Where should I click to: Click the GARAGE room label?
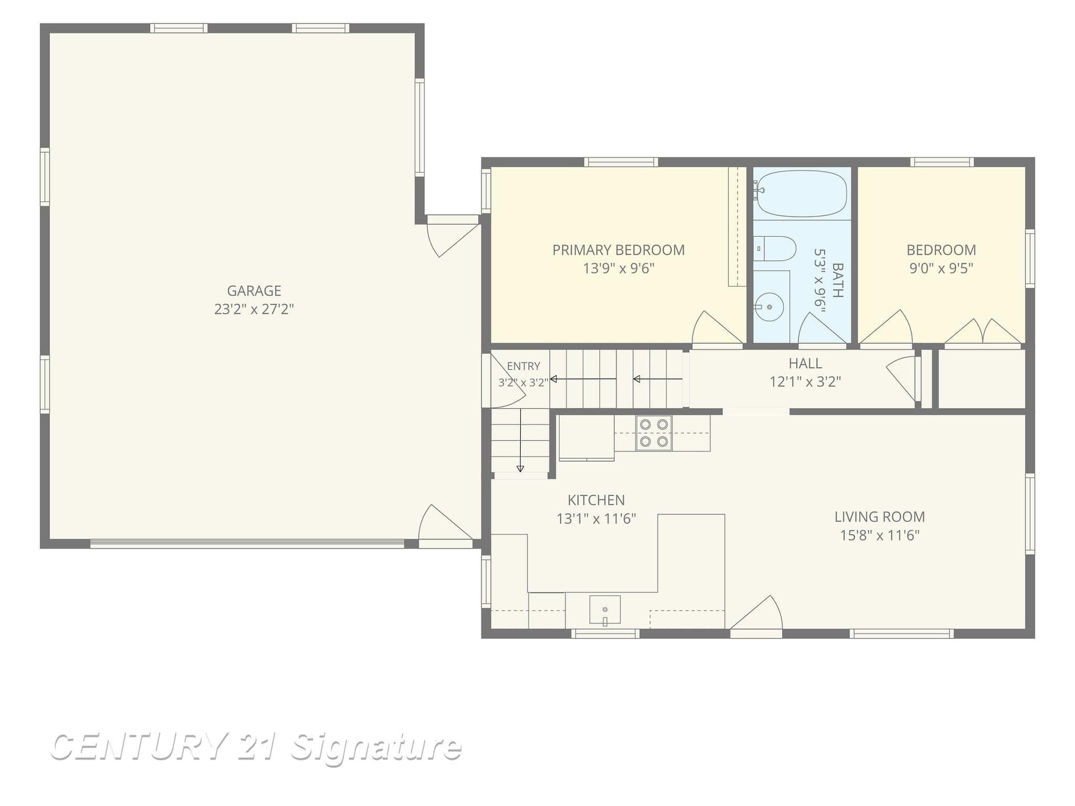[x=254, y=290]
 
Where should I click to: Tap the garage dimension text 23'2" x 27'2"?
[x=254, y=309]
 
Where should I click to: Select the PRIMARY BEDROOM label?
[x=618, y=250]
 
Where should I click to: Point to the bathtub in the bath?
[x=801, y=194]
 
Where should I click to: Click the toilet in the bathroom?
[x=774, y=249]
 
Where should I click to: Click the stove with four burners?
[x=653, y=433]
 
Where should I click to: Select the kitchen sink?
[x=605, y=610]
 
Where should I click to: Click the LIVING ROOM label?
[x=880, y=517]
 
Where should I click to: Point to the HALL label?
[x=805, y=363]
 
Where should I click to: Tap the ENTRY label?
[x=524, y=366]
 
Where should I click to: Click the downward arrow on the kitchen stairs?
[x=520, y=441]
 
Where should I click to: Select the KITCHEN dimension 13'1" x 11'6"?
[x=596, y=519]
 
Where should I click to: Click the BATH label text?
[x=838, y=280]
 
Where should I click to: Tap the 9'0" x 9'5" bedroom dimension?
[x=941, y=268]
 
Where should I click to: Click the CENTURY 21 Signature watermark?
[x=256, y=747]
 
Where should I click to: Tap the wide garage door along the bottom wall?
[x=247, y=543]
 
